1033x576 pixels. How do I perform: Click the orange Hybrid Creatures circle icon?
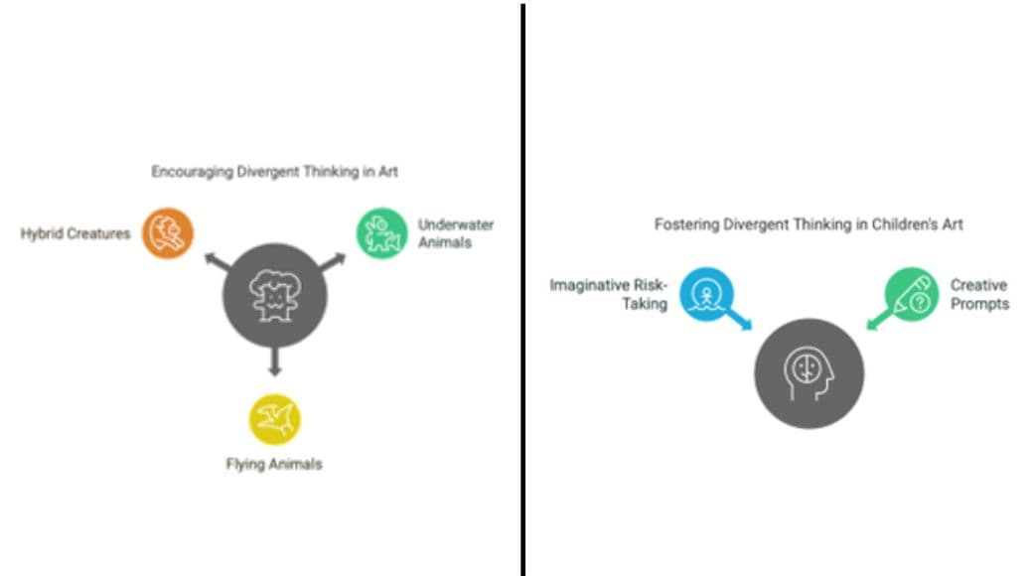click(x=168, y=233)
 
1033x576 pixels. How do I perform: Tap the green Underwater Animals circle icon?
click(x=382, y=233)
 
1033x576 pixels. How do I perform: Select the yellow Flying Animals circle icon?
click(x=275, y=419)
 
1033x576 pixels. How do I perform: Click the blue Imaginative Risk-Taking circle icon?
click(x=706, y=294)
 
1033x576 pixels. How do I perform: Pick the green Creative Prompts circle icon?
click(x=912, y=294)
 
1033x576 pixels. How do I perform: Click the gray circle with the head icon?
click(x=809, y=373)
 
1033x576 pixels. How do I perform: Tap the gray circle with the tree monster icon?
click(x=275, y=295)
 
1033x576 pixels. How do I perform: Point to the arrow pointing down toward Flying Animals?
click(x=275, y=361)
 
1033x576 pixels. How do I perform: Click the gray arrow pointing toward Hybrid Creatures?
click(x=218, y=261)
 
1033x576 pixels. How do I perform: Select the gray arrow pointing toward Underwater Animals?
click(x=333, y=261)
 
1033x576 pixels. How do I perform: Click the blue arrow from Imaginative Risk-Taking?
click(x=738, y=319)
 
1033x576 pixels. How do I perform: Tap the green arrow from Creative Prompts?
click(x=880, y=319)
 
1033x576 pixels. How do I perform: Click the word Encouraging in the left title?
click(x=193, y=172)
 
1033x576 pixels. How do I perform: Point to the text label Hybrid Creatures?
click(x=75, y=234)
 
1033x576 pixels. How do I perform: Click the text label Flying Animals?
click(x=274, y=464)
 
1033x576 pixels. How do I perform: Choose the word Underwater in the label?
click(x=456, y=224)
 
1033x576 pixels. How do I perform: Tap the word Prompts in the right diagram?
click(x=979, y=304)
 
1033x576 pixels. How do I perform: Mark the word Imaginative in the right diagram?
click(x=590, y=285)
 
